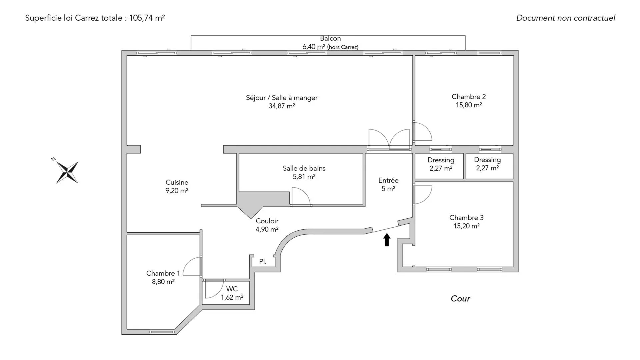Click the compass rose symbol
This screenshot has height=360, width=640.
point(67,172)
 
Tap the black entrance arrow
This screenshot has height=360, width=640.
point(387,240)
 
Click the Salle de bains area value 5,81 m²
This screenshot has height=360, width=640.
point(304,177)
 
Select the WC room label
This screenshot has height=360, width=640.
point(232,289)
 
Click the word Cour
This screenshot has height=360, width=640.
point(460,299)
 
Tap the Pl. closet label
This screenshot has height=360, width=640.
point(263,262)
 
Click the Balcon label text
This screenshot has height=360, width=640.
point(330,39)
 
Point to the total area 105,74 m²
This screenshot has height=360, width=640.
point(147,18)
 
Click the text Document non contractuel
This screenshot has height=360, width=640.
point(566,18)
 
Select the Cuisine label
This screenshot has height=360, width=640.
point(177,182)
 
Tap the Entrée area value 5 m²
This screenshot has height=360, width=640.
point(388,189)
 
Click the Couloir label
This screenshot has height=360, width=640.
point(267,221)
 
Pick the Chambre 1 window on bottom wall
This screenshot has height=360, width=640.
point(162,332)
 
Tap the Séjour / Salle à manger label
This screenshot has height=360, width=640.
point(282,98)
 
